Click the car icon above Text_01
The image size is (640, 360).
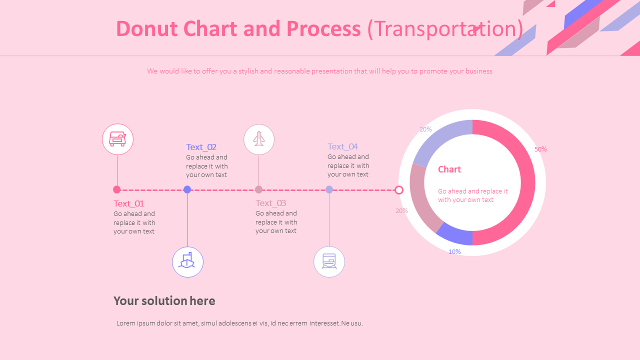point(117,139)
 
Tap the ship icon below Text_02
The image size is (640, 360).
point(187,261)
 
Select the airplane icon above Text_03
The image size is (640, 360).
point(258,139)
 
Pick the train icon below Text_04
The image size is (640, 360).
point(329,261)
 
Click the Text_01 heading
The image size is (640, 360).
point(128,203)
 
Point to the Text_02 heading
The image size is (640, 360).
point(201,147)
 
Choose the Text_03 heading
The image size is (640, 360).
point(270,203)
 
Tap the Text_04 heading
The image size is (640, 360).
point(342,146)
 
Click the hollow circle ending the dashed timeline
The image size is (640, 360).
point(399,190)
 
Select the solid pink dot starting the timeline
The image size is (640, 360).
point(117,189)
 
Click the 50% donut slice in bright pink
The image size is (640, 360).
point(525,182)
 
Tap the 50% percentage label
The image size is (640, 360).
point(540,149)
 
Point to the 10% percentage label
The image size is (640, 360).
point(454,251)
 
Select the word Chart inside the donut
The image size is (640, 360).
point(449,169)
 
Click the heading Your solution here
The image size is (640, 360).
point(164,300)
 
